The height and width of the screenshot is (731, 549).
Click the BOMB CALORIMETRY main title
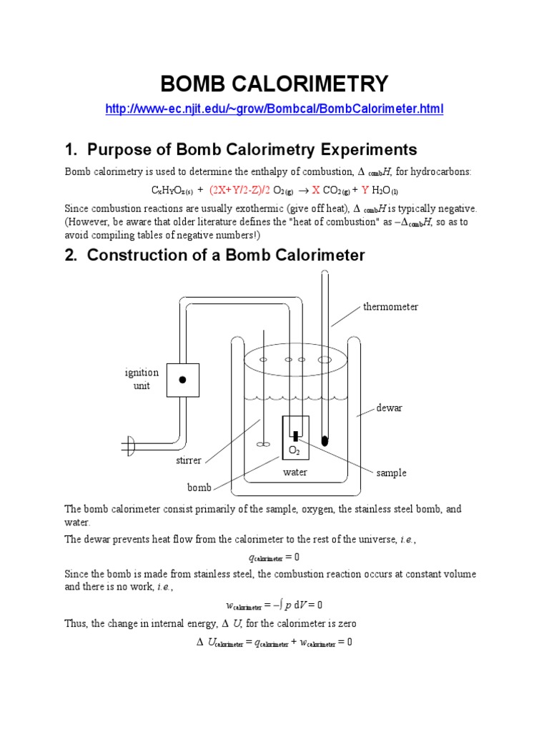point(274,84)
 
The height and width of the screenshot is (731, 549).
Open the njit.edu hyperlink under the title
point(274,109)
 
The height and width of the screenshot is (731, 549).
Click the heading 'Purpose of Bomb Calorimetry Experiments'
point(241,149)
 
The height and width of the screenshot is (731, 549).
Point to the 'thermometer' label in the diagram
point(390,307)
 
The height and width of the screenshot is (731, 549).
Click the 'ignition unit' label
point(142,379)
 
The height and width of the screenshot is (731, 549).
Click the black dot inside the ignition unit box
point(182,380)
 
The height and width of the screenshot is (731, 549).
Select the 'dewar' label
point(390,408)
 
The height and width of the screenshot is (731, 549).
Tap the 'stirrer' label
point(189,460)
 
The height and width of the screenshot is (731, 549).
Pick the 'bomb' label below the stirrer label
point(199,488)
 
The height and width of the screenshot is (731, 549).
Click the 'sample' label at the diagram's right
point(391,473)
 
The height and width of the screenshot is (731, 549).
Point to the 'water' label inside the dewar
point(295,473)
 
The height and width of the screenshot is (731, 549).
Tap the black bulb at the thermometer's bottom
point(326,438)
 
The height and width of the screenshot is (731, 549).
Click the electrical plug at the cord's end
point(129,447)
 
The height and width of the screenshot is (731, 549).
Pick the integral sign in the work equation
point(280,605)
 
